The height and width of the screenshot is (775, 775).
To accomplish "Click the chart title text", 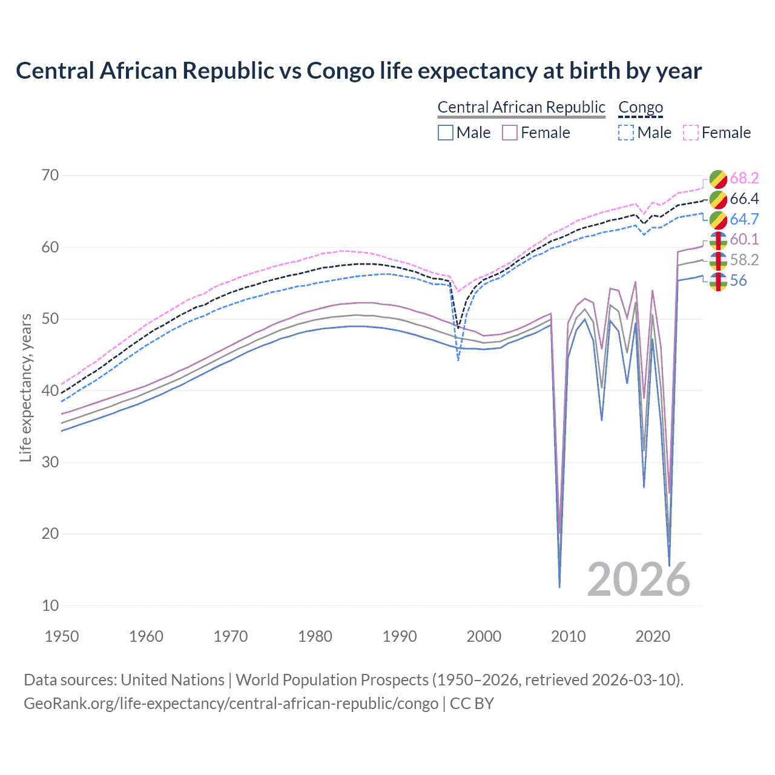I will click(x=358, y=71).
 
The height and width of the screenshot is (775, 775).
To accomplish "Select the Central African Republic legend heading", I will click(x=521, y=107).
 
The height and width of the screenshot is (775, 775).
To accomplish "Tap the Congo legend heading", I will click(x=641, y=107).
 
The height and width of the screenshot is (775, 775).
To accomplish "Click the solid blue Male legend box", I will click(x=446, y=133).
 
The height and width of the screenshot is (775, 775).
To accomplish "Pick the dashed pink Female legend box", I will click(x=691, y=133).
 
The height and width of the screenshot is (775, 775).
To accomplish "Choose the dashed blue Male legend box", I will click(x=626, y=133).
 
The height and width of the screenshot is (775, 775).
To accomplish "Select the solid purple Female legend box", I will click(x=510, y=133).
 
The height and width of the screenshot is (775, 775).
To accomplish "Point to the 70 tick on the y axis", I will click(x=50, y=176).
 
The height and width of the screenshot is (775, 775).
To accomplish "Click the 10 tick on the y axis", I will click(x=50, y=605).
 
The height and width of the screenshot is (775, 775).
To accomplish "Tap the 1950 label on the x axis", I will click(x=62, y=636).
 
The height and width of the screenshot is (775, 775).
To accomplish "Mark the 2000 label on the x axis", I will click(x=484, y=636).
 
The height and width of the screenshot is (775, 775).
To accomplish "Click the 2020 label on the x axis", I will click(x=653, y=636).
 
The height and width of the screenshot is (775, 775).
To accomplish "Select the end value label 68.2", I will click(x=744, y=178).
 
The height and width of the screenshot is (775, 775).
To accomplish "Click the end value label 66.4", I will click(x=744, y=199).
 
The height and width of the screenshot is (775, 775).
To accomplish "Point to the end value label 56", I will click(x=738, y=280).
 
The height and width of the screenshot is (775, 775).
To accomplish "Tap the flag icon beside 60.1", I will click(x=718, y=240).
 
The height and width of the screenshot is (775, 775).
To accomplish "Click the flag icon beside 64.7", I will click(x=718, y=219).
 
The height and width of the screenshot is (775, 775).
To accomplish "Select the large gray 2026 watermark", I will click(x=638, y=579).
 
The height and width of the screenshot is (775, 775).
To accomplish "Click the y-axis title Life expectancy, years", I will click(x=25, y=387).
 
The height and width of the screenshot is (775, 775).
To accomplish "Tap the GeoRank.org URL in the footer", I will click(x=231, y=704).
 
